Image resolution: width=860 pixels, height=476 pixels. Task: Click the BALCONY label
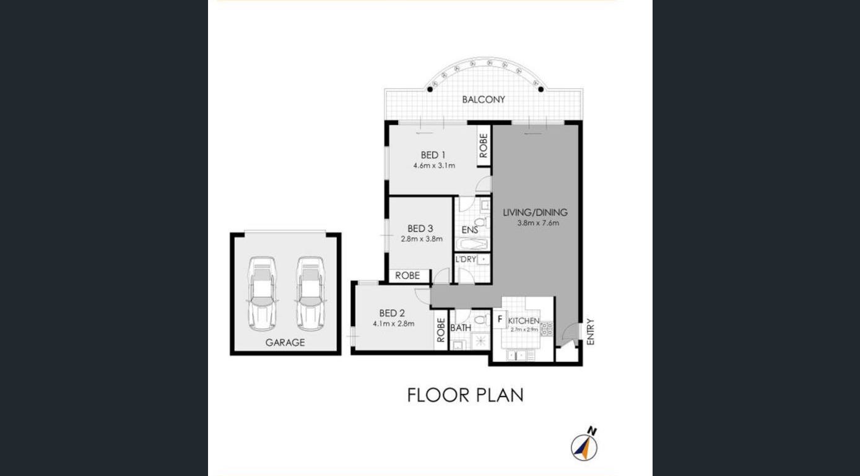point(484,100)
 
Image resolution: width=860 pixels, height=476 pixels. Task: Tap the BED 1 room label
point(433,155)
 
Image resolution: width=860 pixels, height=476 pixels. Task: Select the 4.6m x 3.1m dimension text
point(434,166)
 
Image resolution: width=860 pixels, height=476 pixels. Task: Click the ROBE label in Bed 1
point(484,146)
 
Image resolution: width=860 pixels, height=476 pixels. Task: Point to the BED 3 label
point(420,228)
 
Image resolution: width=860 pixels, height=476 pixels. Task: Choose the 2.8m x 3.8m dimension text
point(422,239)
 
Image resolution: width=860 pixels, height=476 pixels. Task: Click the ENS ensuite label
point(470,230)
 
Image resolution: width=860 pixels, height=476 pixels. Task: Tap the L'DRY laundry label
point(466,259)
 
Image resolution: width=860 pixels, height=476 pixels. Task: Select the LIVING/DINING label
point(535,212)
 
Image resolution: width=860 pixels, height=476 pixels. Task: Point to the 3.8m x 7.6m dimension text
point(538,223)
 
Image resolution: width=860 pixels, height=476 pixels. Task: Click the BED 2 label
point(392,313)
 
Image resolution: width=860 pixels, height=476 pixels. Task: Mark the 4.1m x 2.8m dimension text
point(393,323)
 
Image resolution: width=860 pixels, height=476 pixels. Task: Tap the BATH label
point(461,328)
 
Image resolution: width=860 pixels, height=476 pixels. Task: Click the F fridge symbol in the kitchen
point(500,319)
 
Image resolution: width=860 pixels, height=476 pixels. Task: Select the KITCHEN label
point(524,321)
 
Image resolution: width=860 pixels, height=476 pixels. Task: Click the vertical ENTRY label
point(590,332)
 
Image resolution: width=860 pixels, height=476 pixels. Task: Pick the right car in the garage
point(310,293)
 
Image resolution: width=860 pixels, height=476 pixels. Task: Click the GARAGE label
point(285,342)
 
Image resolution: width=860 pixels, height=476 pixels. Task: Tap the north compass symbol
point(584,446)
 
